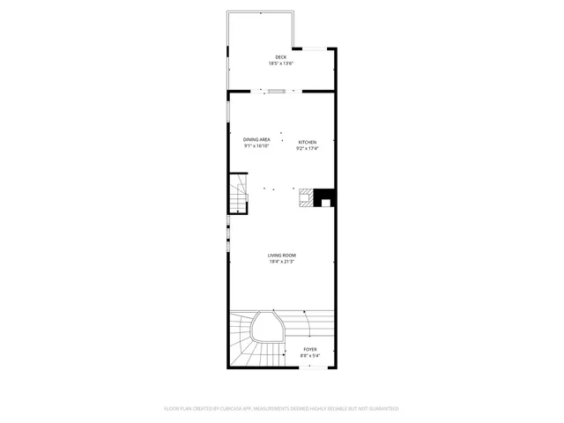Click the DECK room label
point(280,58)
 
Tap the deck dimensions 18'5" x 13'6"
point(280,64)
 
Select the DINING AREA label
point(256,139)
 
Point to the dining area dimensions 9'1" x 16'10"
point(256,145)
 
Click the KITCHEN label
point(307,142)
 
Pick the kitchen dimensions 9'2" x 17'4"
point(307,148)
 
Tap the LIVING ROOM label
point(282,256)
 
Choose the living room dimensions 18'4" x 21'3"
point(282,262)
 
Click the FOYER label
point(310,350)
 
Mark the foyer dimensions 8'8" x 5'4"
point(310,356)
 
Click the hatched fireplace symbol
point(306,197)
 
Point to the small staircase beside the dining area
point(238,196)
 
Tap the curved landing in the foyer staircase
point(266,330)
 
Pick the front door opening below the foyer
point(310,367)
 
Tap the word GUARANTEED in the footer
point(383,409)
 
